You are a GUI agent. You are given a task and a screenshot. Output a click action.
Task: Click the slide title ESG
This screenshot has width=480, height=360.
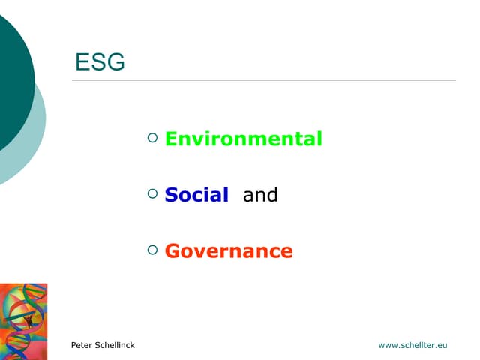[x=100, y=62]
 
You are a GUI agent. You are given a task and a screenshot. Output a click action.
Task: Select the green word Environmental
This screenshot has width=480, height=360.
[x=244, y=139]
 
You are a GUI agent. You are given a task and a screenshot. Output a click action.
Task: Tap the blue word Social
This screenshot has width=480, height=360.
[x=196, y=195]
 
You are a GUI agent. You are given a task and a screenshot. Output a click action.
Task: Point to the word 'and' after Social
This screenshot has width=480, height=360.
[x=260, y=195]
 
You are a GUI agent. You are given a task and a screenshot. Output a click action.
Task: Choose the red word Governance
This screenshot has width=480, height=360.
[x=229, y=250]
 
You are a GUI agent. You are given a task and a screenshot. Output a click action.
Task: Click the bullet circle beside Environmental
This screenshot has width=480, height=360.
[x=153, y=137]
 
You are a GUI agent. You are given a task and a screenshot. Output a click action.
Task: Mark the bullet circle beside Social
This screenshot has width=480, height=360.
[x=153, y=193]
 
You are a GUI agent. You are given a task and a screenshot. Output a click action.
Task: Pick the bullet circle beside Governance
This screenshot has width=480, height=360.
[x=153, y=249]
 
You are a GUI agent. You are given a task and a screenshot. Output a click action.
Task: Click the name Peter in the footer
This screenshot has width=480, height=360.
[x=82, y=345]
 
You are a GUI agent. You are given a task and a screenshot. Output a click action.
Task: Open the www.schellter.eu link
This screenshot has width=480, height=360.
[x=412, y=345]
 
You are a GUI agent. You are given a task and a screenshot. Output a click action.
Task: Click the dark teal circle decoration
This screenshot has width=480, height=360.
[x=11, y=82]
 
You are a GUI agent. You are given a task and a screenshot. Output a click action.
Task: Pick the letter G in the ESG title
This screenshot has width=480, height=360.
[x=115, y=62]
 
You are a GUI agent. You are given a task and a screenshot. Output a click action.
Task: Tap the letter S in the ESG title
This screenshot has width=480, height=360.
[x=98, y=62]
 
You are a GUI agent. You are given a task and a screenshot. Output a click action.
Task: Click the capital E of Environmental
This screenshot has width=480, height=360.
[x=170, y=139]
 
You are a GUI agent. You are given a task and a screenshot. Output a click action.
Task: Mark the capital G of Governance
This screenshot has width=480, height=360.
[x=172, y=250]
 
